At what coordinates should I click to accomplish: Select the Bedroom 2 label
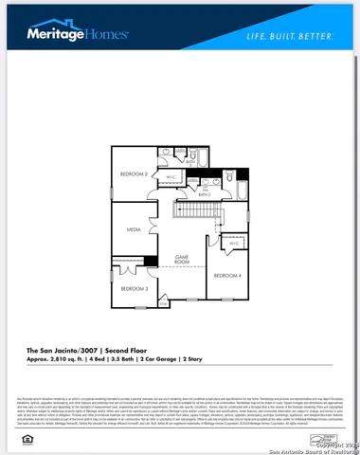tap(133, 173)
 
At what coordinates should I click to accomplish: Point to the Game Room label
tap(184, 257)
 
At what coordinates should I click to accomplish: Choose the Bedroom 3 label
tap(133, 287)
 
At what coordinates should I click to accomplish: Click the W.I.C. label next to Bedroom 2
tap(171, 176)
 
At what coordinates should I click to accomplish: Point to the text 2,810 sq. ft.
tap(77, 360)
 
